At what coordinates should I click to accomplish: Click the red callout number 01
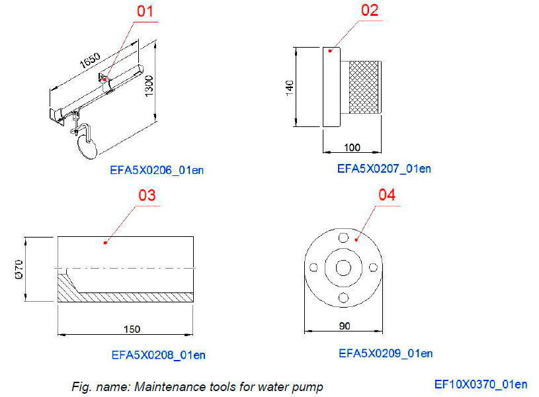point(145,11)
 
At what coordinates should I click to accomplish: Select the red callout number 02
point(369,11)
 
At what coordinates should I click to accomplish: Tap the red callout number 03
point(145,196)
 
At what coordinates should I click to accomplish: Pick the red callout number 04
point(387,195)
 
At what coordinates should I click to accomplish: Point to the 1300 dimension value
point(149,84)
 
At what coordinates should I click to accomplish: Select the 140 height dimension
point(290,88)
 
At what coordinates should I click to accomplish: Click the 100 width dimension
point(352,146)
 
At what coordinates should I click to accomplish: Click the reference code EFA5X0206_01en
point(157,171)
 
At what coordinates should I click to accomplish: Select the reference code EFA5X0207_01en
point(384,169)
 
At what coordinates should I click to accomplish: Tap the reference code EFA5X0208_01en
point(158,355)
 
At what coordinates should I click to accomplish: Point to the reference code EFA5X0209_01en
point(386,353)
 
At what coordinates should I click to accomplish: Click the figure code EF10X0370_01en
point(481,384)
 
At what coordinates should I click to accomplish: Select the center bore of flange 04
point(343,267)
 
